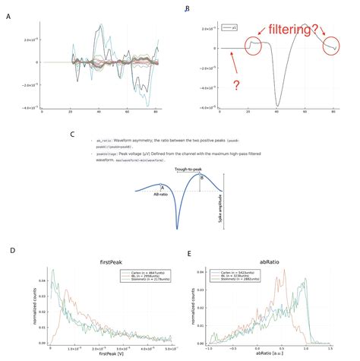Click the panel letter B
[188, 9]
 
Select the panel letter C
[72, 135]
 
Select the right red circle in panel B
[333, 47]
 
